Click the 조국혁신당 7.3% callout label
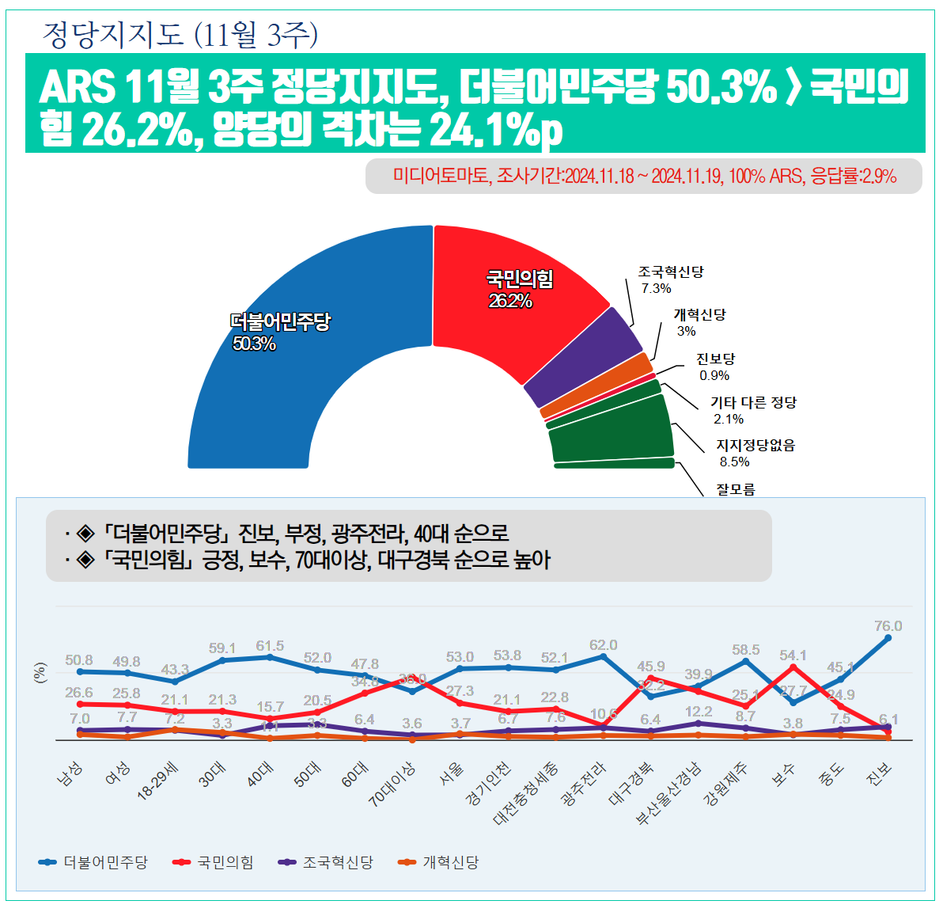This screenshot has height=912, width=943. coord(670,279)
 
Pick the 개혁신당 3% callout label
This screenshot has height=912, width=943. coord(699,322)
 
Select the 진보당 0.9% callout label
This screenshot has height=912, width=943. coord(715,367)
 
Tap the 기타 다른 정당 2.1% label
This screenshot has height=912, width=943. coord(752,410)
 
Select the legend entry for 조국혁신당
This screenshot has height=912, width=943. coord(326,862)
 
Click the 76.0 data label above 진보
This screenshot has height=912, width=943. coord(888,626)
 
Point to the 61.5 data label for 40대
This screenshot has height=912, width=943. coord(270,646)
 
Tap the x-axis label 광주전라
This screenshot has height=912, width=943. coord(583,784)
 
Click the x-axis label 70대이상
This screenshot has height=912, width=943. coord(392,784)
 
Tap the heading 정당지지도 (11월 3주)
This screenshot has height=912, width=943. coord(180,35)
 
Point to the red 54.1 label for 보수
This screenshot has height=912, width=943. coord(793,655)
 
